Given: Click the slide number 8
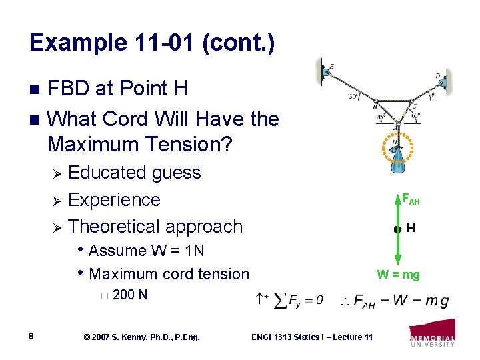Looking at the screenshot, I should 32,336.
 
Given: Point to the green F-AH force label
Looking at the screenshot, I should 409,199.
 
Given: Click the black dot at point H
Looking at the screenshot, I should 397,229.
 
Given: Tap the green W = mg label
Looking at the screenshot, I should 398,275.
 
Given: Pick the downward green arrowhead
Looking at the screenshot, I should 397,262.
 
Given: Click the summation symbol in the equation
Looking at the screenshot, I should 281,300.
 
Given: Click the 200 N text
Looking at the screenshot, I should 131,295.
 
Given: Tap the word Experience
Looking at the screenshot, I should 114,200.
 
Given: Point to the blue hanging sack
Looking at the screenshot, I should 398,161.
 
